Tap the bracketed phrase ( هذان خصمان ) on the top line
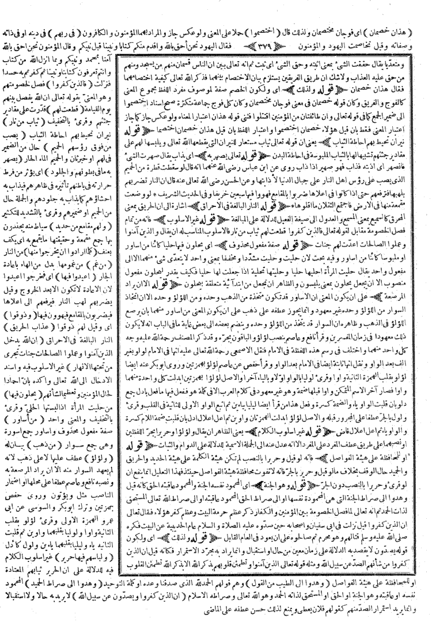404,8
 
